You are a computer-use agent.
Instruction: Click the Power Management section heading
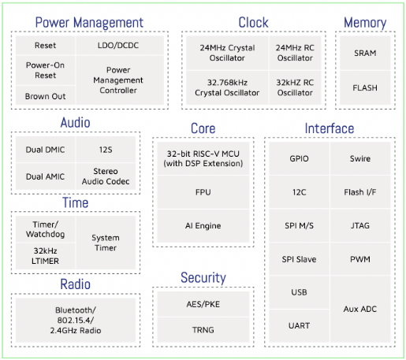[89, 23]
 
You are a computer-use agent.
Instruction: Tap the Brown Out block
[46, 95]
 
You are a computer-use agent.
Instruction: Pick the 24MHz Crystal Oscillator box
[227, 53]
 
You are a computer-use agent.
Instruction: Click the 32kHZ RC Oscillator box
[295, 87]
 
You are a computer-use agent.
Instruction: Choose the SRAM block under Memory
[365, 53]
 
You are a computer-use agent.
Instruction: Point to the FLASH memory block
[365, 87]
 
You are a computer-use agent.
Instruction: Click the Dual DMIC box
[46, 150]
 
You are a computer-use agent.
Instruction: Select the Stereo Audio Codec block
[106, 176]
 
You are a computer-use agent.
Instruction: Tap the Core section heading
[203, 128]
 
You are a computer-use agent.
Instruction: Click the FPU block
[203, 192]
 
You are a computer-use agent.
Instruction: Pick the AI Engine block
[203, 226]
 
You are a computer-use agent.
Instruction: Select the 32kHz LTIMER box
[46, 256]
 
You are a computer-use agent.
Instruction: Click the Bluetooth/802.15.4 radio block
[76, 320]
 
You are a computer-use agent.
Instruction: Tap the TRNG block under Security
[203, 330]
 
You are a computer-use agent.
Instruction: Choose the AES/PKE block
[203, 304]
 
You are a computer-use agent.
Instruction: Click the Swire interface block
[360, 158]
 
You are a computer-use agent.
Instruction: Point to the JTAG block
[360, 225]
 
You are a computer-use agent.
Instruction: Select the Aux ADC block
[360, 309]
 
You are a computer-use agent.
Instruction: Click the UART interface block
[299, 326]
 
